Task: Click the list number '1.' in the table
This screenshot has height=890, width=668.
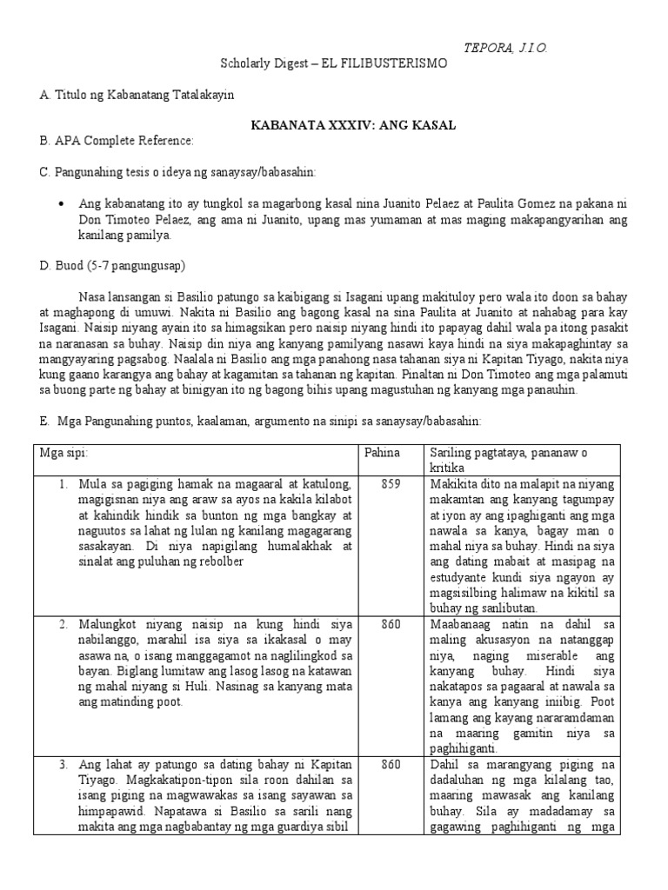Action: click(63, 483)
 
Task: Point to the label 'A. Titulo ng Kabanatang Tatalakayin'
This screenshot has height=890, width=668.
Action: click(137, 95)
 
